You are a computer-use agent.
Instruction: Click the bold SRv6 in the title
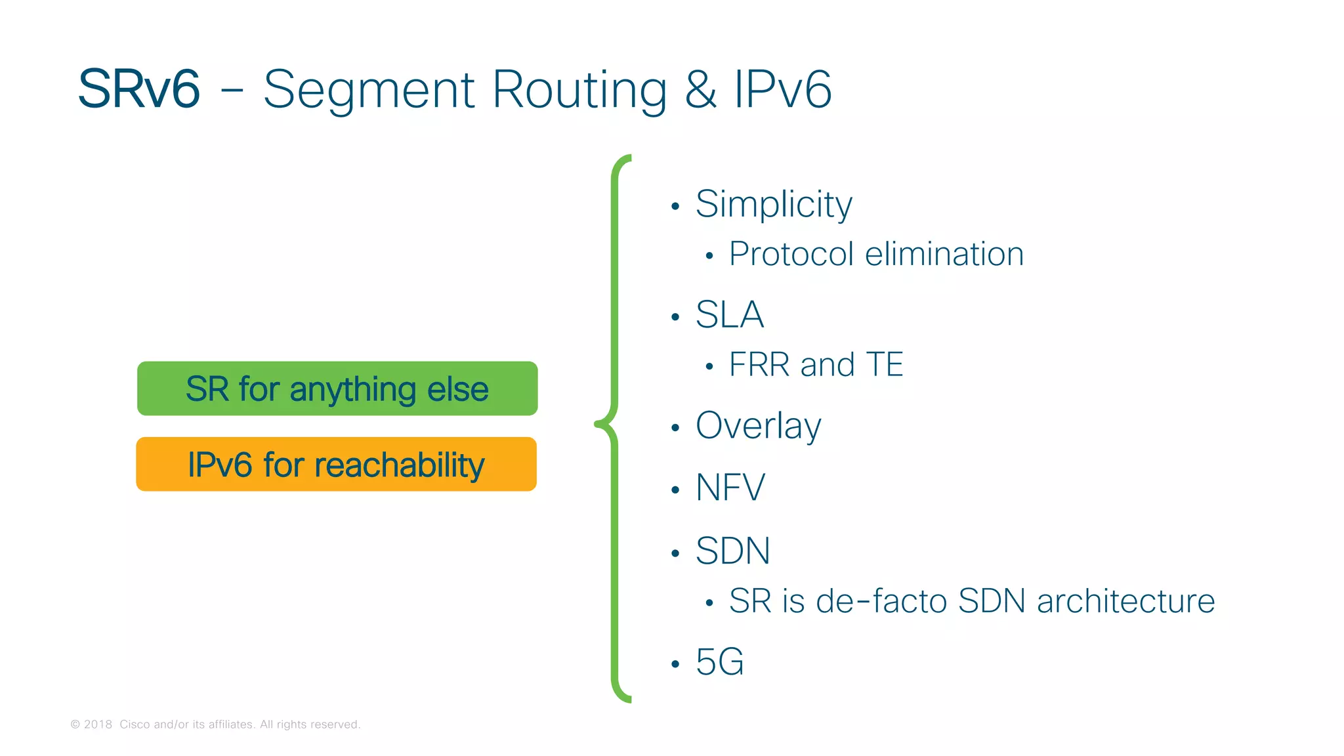139,89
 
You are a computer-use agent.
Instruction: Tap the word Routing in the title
579,91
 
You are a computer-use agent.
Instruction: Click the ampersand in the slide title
700,89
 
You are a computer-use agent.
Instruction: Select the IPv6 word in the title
782,89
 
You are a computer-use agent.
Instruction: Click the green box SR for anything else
337,388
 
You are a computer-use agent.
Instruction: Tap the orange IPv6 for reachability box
336,465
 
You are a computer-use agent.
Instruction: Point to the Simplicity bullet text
774,204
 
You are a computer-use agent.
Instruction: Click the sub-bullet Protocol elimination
876,254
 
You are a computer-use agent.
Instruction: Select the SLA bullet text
730,314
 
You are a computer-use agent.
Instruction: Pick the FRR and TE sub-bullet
816,365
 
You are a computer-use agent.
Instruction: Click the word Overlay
758,426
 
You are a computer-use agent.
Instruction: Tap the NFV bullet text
730,488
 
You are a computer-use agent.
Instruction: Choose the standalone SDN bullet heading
732,551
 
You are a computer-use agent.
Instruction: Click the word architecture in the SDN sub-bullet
1125,601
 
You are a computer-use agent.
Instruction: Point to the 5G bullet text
720,661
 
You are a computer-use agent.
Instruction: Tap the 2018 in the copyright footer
98,724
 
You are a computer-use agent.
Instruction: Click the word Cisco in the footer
135,724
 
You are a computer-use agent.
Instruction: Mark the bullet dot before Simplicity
675,207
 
